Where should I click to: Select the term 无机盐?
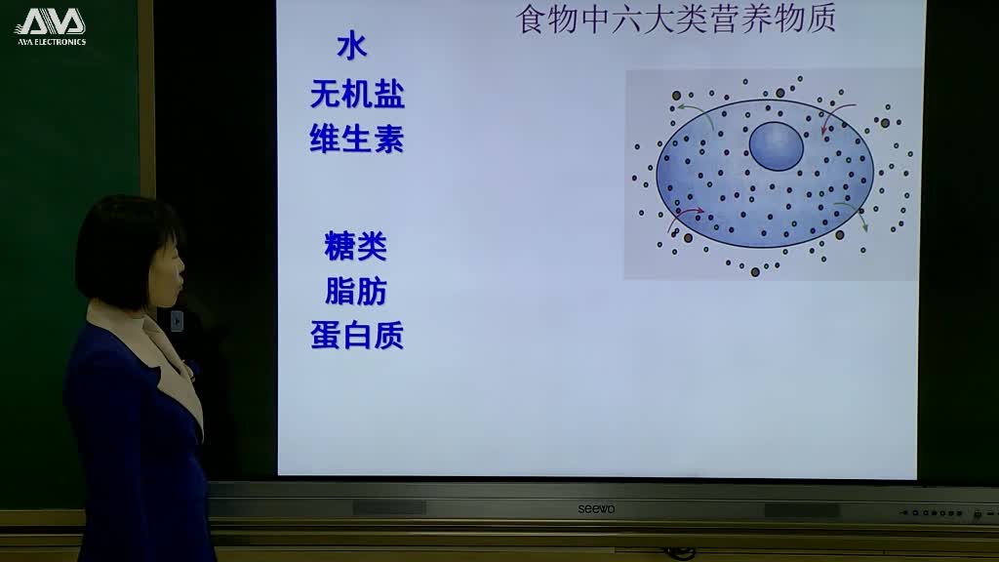click(357, 95)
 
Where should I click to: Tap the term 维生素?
click(357, 140)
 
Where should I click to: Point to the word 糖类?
click(356, 247)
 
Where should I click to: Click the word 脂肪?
click(356, 292)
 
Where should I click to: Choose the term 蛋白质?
click(357, 336)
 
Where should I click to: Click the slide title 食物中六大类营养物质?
click(675, 20)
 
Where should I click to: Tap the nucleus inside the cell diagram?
click(777, 147)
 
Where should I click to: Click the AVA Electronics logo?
click(51, 26)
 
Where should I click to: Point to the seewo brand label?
click(596, 508)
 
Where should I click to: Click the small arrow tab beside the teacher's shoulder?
click(177, 321)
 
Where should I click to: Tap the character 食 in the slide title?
click(531, 20)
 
